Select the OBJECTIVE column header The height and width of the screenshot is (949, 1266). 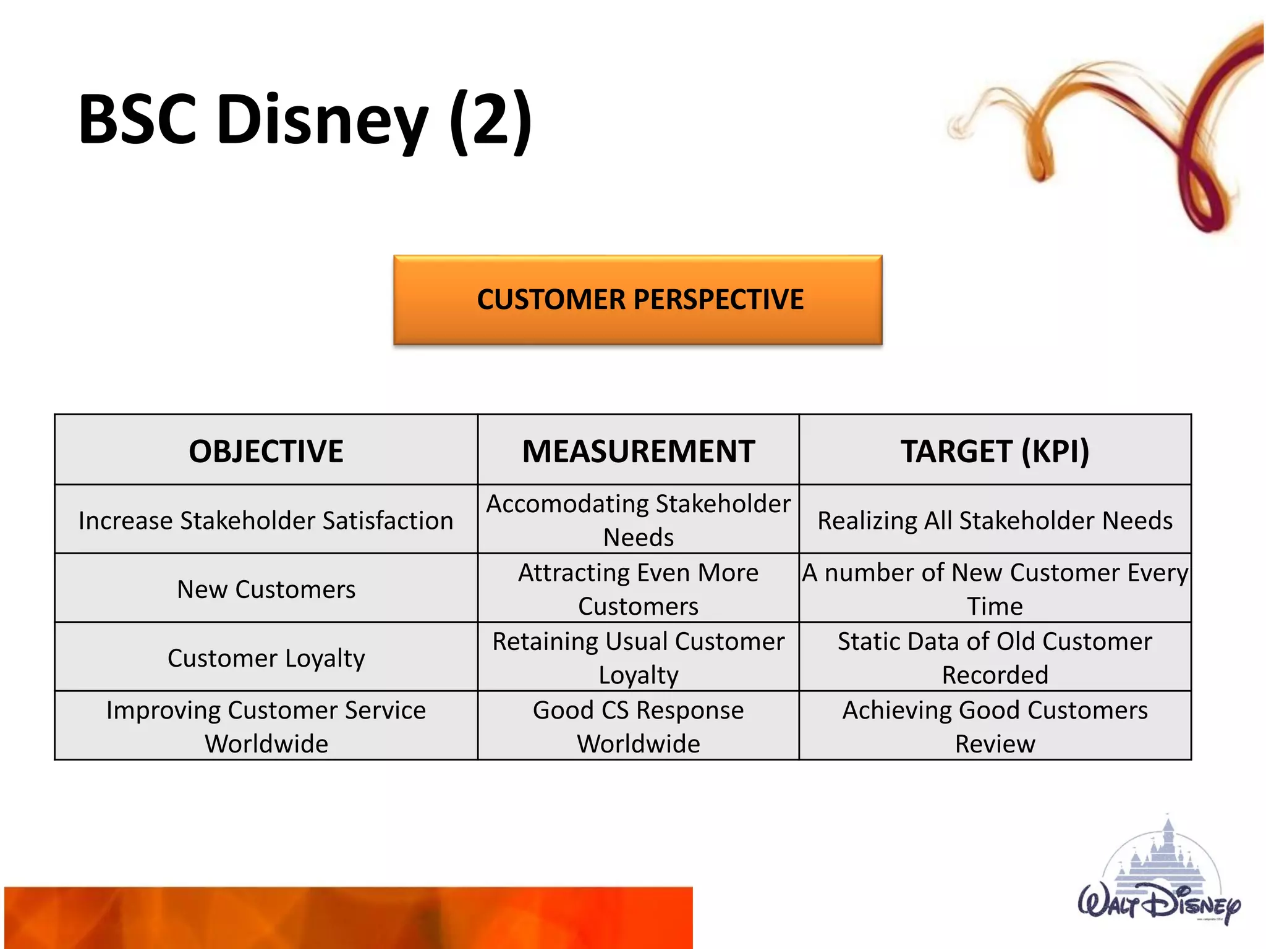pos(266,451)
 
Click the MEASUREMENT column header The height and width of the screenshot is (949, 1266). pos(638,451)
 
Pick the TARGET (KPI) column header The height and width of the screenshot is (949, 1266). pos(995,451)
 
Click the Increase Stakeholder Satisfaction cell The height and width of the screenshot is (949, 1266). pos(266,520)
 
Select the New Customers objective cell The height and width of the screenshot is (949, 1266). pos(266,589)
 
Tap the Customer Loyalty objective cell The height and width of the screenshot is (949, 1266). pos(266,658)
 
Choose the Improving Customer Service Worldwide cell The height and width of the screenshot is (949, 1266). pos(266,727)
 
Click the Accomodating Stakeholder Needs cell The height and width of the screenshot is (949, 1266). pos(638,520)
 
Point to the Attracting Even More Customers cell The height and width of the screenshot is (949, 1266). pos(638,589)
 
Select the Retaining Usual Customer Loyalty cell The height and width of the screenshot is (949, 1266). pos(638,658)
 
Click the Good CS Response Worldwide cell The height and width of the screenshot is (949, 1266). pos(638,727)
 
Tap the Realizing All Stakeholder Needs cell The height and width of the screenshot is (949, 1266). pos(995,520)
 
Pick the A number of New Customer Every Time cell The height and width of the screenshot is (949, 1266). pos(995,589)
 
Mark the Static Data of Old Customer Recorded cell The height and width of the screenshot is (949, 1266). pos(995,658)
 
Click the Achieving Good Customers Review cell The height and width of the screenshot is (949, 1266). pos(995,727)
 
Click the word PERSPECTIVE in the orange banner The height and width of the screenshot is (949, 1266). pos(718,300)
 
